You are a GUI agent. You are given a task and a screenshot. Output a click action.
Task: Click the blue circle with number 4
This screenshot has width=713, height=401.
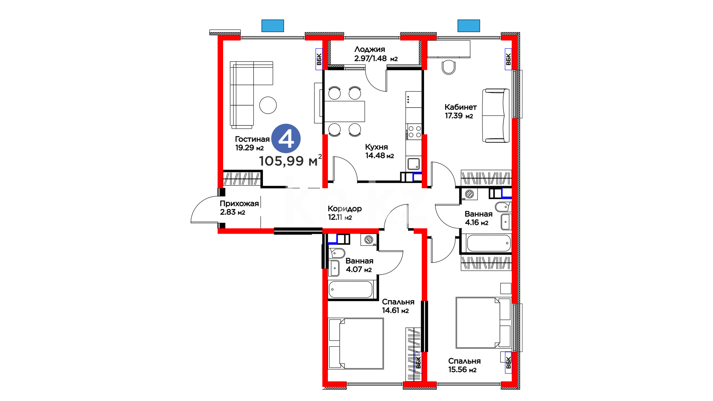point(286,138)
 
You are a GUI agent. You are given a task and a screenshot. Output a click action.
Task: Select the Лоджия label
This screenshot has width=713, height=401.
point(376,54)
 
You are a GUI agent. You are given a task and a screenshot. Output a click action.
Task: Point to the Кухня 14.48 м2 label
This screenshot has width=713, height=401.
point(380,151)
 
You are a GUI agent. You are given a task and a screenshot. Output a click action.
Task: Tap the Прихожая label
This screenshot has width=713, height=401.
point(239,208)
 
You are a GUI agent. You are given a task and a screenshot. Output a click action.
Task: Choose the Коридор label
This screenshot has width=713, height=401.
point(345,213)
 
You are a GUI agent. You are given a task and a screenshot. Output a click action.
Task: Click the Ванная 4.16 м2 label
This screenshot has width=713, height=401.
point(478,218)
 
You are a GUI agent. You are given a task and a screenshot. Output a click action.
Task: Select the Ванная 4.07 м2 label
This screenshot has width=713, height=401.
point(359,265)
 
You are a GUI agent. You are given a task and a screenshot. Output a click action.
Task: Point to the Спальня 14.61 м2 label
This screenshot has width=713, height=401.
point(398,306)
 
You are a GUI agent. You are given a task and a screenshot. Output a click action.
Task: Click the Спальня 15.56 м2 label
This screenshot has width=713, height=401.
point(464,365)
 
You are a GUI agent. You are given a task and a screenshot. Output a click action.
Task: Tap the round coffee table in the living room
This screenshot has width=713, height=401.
point(268,105)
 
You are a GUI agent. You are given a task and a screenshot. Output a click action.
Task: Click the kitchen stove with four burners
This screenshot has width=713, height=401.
point(414,132)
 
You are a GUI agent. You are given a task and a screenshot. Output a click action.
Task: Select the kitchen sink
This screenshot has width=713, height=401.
point(414,163)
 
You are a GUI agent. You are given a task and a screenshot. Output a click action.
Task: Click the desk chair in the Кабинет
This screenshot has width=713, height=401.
point(449,67)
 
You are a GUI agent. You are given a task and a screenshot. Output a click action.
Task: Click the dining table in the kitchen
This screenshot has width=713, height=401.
point(345,111)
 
